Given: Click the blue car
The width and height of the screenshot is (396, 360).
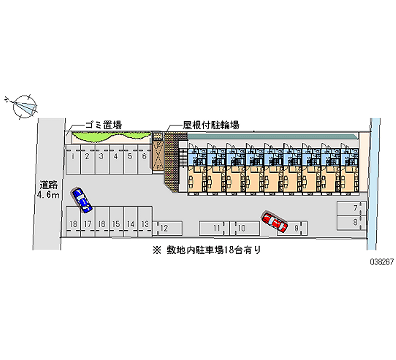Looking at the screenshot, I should point(82,200).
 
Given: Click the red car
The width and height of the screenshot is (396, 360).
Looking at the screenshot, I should point(275,222).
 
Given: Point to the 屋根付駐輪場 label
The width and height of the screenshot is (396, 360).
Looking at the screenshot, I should point(210,125).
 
